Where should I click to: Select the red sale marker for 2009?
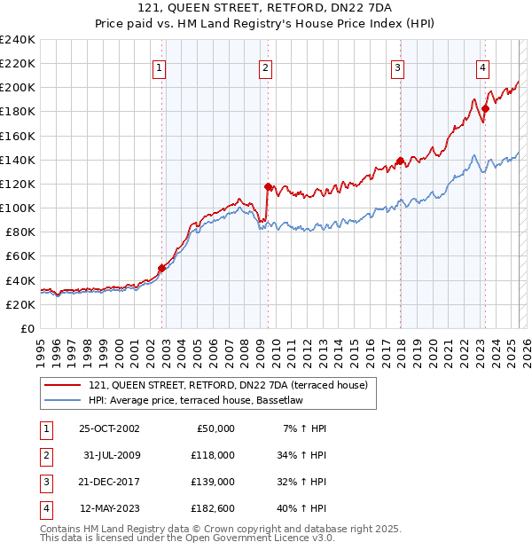(x=268, y=186)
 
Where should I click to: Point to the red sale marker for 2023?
(x=486, y=108)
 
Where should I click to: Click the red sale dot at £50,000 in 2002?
(x=161, y=268)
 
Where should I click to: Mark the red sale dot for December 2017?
(x=400, y=161)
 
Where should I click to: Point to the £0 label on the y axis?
(x=28, y=328)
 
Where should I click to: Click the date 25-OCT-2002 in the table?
(x=110, y=428)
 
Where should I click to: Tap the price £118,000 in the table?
(x=213, y=455)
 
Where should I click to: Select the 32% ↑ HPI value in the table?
(x=302, y=482)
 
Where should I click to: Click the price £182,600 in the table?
(x=213, y=508)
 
